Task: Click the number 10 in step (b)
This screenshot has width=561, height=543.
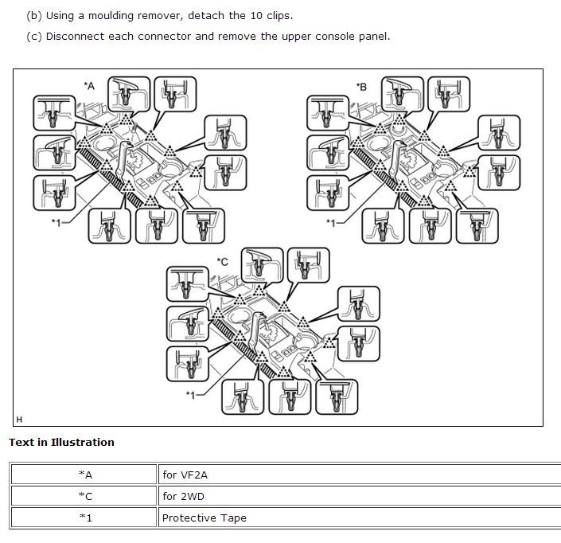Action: coord(256,16)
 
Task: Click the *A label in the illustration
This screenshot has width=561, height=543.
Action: coord(89,86)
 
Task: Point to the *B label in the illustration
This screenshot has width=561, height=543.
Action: coord(361,87)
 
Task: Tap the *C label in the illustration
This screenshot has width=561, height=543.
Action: coord(223,262)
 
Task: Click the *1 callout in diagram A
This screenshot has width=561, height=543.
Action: coord(56,223)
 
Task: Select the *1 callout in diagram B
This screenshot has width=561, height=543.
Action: coord(331,223)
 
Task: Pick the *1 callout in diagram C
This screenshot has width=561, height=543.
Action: coord(191,395)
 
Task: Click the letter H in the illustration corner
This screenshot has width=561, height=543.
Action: coord(19,420)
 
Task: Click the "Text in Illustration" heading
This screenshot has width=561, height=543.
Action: coord(61,443)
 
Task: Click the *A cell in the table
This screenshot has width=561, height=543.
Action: coord(84,475)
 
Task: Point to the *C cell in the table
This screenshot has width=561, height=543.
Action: coord(84,496)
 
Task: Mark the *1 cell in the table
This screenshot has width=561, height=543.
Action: coord(84,518)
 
